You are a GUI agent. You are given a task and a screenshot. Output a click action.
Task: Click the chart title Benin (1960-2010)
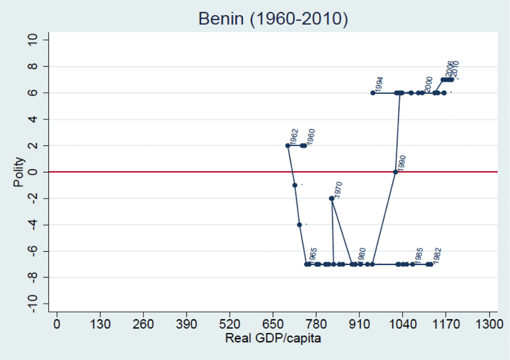click(x=273, y=19)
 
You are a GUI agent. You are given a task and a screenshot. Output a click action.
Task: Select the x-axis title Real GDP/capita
click(x=273, y=338)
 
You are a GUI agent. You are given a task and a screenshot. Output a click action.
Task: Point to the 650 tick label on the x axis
click(x=273, y=324)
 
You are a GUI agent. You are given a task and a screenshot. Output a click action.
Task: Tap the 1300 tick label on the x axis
click(x=490, y=324)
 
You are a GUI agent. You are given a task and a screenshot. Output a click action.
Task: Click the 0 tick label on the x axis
click(x=57, y=324)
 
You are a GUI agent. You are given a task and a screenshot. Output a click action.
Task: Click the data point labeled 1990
click(x=395, y=172)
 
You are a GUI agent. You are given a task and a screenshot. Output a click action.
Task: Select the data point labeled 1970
click(x=332, y=198)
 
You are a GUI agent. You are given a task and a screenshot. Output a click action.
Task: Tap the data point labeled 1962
click(x=288, y=146)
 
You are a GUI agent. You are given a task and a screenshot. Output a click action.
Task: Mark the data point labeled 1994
click(x=373, y=93)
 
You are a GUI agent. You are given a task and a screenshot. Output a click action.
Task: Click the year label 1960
click(x=311, y=137)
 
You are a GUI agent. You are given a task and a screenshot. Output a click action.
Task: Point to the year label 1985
click(x=419, y=256)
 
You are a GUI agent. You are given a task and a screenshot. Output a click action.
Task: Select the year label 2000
click(x=428, y=84)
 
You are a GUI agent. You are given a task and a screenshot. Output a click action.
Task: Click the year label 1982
click(x=437, y=256)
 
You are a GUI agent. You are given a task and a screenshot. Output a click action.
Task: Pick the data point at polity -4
click(x=299, y=225)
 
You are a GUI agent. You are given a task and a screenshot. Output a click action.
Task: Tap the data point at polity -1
click(x=295, y=185)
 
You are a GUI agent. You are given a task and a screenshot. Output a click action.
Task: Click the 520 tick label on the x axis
click(x=230, y=324)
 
